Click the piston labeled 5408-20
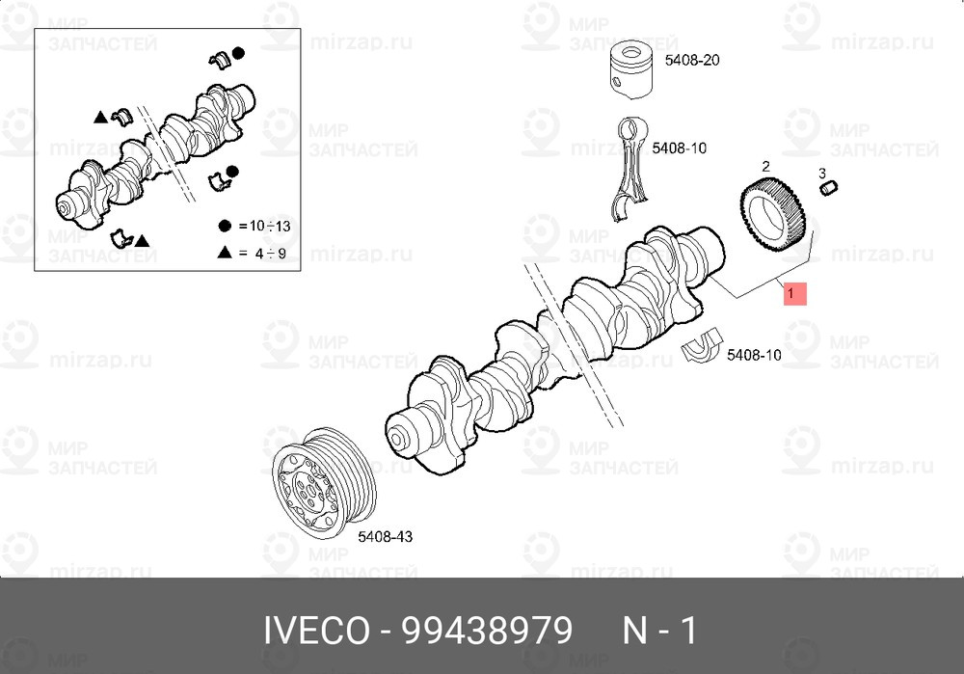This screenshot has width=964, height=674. coord(632,69)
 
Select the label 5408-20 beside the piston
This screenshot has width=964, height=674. coord(692,60)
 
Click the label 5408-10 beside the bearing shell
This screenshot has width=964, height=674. coord(754,355)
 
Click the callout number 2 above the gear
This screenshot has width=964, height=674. coord(765,167)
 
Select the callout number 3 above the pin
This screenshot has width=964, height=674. coord(822,173)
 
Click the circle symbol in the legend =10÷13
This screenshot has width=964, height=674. coord(225,226)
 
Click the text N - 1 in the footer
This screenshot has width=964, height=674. coord(659,632)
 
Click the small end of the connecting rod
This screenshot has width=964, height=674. coord(630,129)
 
